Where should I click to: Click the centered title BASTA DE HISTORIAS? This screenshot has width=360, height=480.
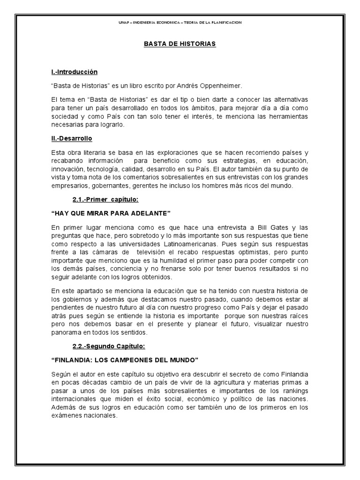click(x=180, y=44)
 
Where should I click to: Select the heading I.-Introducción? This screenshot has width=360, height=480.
click(x=74, y=72)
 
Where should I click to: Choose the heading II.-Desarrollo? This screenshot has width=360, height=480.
click(x=72, y=139)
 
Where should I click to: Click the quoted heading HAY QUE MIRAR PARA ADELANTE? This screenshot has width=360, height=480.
click(x=111, y=213)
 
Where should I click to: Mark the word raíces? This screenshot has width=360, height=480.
click(x=298, y=316)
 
